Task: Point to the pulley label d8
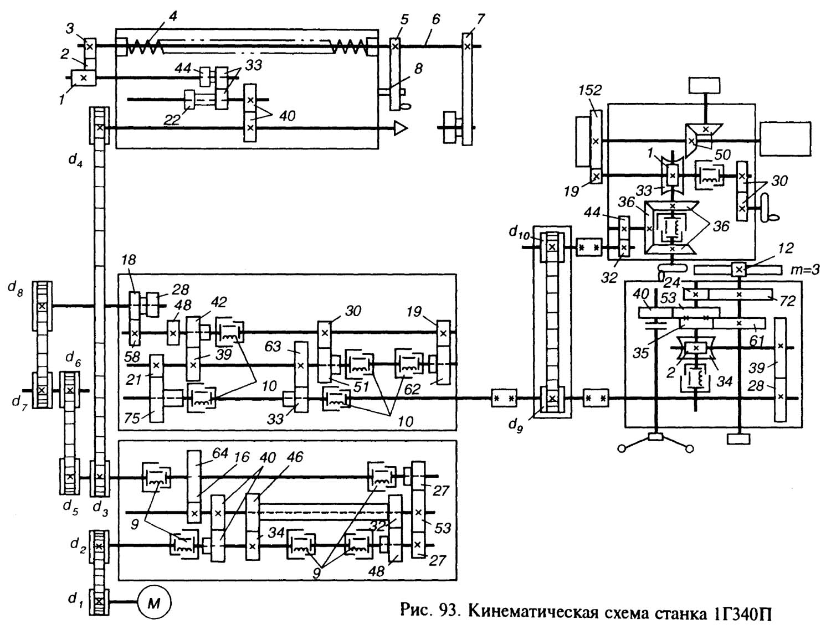(16, 289)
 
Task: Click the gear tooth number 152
(591, 91)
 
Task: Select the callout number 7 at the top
(480, 19)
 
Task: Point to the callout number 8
(418, 69)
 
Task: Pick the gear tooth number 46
(295, 457)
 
